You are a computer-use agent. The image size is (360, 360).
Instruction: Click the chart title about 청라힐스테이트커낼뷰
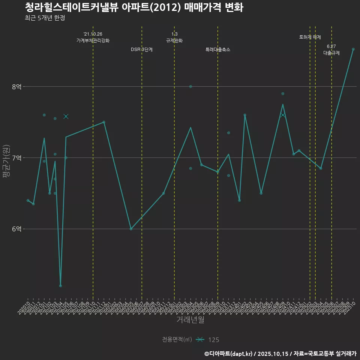134,7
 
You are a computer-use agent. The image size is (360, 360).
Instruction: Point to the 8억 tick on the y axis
16,87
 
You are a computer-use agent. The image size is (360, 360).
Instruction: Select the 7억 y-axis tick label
16,158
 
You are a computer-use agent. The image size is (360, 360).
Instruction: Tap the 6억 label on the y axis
16,229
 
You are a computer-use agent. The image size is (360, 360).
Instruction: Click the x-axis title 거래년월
190,320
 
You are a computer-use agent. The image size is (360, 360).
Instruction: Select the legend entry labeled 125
213,340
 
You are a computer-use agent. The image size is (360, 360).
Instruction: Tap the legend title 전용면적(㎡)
177,340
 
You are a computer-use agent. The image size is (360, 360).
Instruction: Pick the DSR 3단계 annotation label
142,49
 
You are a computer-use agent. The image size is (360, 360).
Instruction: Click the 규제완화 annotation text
174,40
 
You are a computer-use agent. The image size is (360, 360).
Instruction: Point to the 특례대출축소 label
218,49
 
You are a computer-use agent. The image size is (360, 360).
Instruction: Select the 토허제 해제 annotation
310,37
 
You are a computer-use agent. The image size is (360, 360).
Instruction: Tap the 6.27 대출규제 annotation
331,50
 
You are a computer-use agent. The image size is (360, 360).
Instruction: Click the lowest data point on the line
60,286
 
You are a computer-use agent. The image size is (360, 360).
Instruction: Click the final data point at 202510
353,49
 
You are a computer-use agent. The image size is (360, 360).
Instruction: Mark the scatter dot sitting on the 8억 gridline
190,87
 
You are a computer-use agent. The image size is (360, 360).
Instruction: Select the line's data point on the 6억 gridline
131,229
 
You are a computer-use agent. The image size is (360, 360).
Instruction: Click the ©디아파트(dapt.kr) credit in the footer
229,354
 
